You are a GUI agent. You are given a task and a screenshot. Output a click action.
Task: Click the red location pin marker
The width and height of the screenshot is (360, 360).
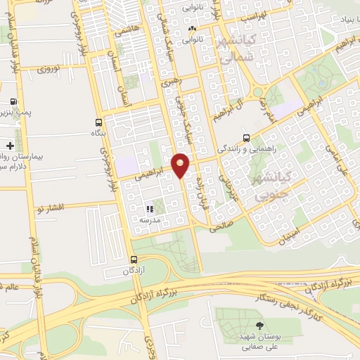(181, 164)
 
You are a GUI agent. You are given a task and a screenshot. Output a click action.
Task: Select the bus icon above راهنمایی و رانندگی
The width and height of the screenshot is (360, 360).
(245, 138)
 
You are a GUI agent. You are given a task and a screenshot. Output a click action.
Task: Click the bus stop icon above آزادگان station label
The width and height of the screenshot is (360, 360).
(134, 259)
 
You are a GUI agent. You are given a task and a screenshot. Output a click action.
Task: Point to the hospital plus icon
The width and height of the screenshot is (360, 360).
(10, 146)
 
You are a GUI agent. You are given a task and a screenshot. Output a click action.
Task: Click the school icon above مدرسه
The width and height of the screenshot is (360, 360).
(148, 209)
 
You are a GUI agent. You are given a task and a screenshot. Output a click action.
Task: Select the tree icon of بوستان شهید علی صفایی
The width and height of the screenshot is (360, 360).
(260, 326)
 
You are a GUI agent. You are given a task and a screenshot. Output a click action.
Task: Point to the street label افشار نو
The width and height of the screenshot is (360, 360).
(50, 207)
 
